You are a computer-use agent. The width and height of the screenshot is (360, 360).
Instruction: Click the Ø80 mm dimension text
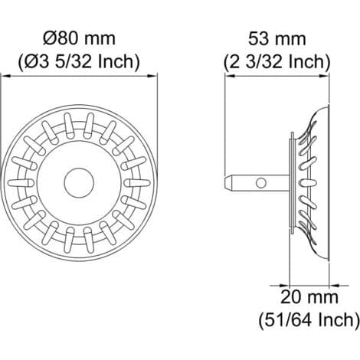click(x=79, y=39)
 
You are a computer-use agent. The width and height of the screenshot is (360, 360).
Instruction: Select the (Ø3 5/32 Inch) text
click(x=79, y=61)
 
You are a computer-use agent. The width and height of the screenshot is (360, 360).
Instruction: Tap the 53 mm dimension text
click(x=277, y=39)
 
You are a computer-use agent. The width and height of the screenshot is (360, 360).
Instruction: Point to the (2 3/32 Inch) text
click(x=277, y=61)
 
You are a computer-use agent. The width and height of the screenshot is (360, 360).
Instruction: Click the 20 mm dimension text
click(x=309, y=297)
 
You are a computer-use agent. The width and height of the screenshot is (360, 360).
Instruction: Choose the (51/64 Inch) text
click(x=309, y=320)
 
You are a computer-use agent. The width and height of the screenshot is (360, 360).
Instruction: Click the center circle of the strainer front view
click(x=79, y=183)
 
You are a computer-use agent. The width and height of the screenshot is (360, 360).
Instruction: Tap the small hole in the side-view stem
click(x=261, y=183)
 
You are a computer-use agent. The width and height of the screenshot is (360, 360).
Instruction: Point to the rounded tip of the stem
click(x=227, y=183)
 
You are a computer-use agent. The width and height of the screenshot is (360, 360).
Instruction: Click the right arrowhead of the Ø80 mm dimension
click(x=152, y=76)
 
